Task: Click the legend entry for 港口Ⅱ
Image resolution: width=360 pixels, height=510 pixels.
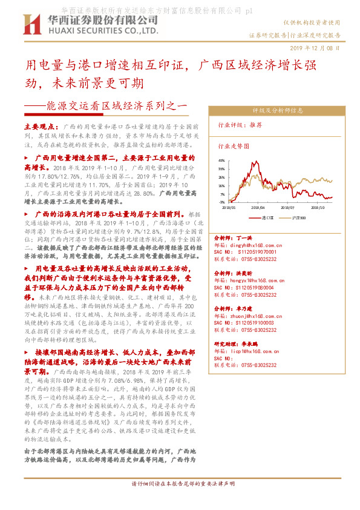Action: [266, 216]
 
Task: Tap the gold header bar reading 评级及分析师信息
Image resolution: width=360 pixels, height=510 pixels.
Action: [278, 111]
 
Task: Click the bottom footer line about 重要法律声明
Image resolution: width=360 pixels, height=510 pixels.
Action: [183, 501]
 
